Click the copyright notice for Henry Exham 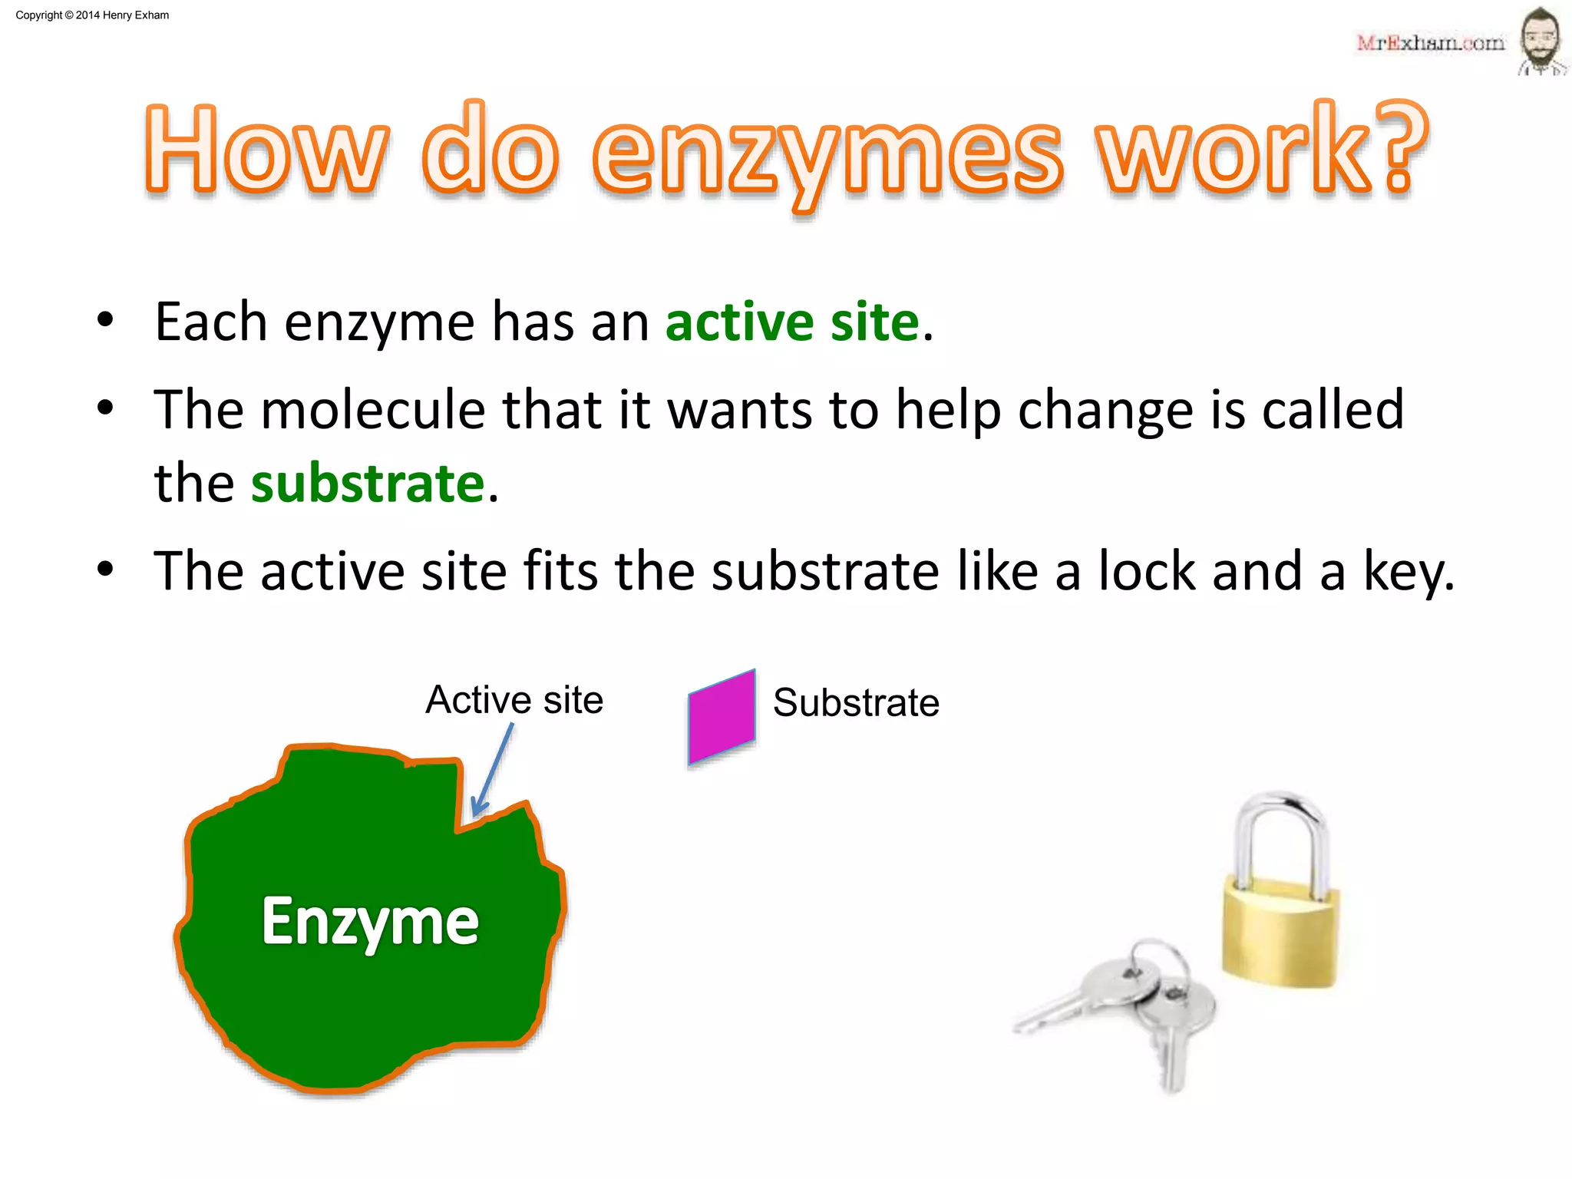(x=92, y=15)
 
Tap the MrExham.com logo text (x=1430, y=43)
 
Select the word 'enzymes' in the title (x=827, y=151)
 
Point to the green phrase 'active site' (x=791, y=322)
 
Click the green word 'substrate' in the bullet (x=368, y=484)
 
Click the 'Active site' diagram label (x=514, y=699)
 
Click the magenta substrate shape (x=722, y=717)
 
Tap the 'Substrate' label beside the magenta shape (x=856, y=702)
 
